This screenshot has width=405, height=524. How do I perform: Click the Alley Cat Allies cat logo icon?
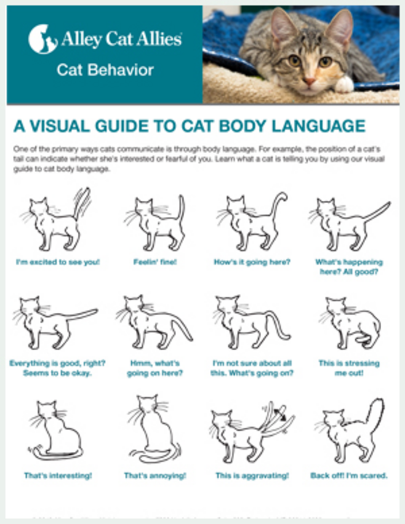click(x=42, y=39)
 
